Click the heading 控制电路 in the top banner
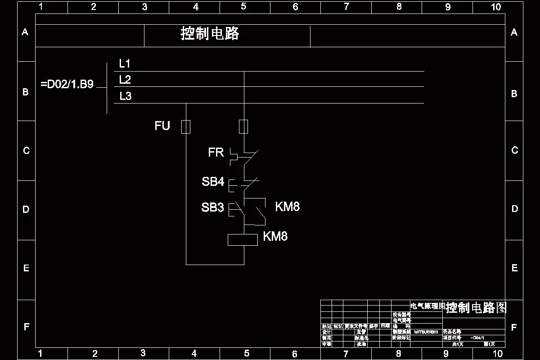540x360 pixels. [x=210, y=34]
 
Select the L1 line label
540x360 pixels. [x=125, y=63]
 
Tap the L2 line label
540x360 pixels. [x=125, y=80]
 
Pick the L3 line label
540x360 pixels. [x=126, y=96]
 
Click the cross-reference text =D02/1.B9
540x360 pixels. [x=67, y=85]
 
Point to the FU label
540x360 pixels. [x=162, y=126]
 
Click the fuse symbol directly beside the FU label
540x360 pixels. [x=186, y=127]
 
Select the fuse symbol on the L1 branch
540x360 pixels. [x=243, y=126]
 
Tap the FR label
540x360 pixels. [x=216, y=153]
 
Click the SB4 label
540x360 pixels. [x=213, y=182]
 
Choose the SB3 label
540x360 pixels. [x=212, y=207]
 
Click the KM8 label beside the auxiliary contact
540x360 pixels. [x=287, y=207]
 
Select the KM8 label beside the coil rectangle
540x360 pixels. [x=275, y=236]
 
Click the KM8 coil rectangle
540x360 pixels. [x=243, y=240]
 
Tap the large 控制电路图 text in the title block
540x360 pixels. [x=476, y=308]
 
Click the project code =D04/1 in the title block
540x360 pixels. [x=477, y=337]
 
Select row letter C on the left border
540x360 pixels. [x=26, y=151]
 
